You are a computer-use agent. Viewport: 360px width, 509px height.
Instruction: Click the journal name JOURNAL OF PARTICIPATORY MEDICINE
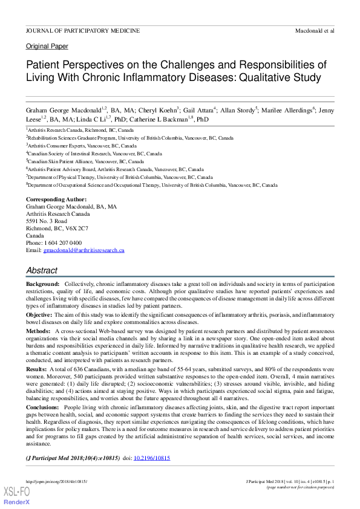tap(83, 30)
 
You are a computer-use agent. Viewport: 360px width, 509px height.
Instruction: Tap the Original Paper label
tap(47, 46)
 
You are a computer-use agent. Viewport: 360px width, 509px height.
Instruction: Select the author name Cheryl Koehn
tap(157, 111)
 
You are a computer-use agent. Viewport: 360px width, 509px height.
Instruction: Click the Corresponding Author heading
tap(56, 199)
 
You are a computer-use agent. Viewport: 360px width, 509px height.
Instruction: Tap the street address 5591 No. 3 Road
tap(47, 221)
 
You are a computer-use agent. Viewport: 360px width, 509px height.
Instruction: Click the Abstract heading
tap(42, 271)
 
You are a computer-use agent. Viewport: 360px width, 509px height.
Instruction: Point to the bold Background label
tap(42, 284)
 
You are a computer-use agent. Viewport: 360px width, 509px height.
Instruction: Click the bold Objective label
tap(39, 315)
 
